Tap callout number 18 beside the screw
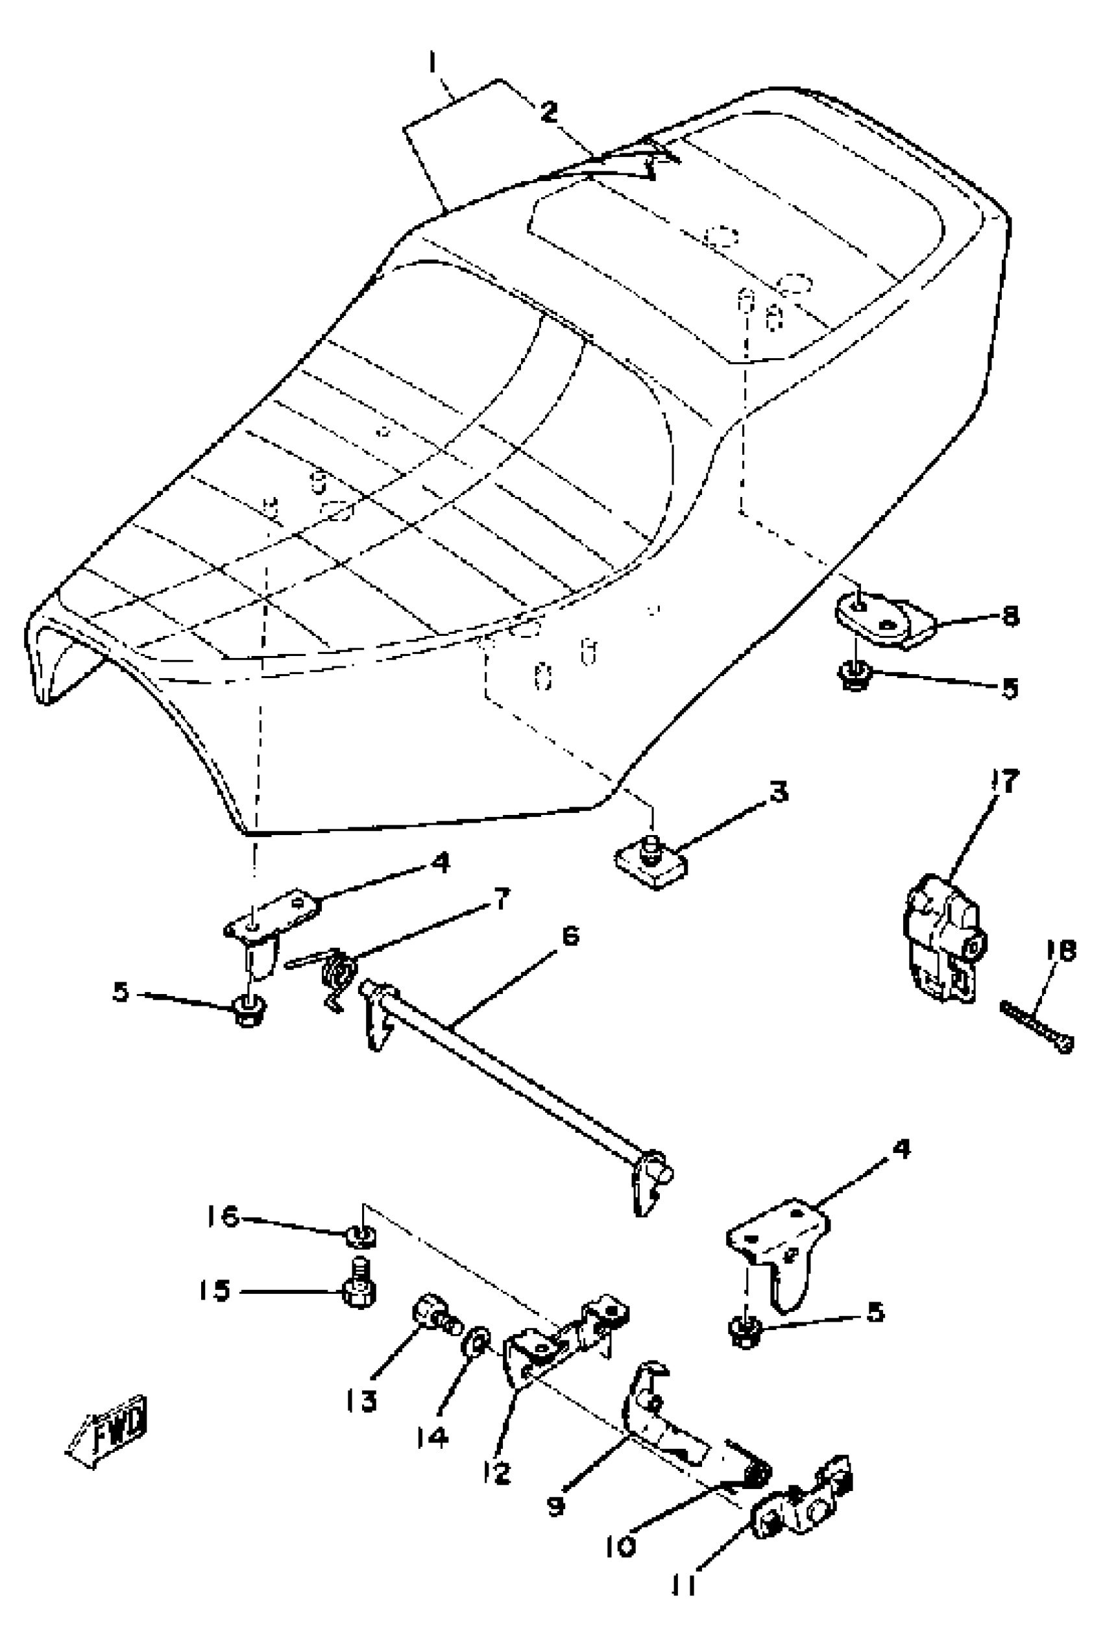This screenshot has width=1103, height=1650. [1060, 951]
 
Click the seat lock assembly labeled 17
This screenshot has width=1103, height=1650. [943, 939]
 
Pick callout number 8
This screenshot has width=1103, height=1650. [1010, 616]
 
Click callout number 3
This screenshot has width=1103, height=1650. [777, 792]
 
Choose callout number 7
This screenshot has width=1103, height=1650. [502, 899]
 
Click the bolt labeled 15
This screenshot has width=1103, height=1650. [359, 1287]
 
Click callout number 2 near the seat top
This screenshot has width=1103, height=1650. [549, 111]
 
